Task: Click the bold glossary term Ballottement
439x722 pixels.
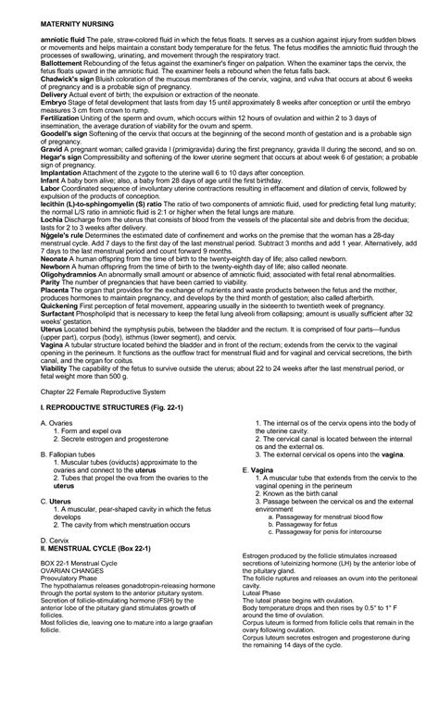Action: (x=51, y=81)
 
